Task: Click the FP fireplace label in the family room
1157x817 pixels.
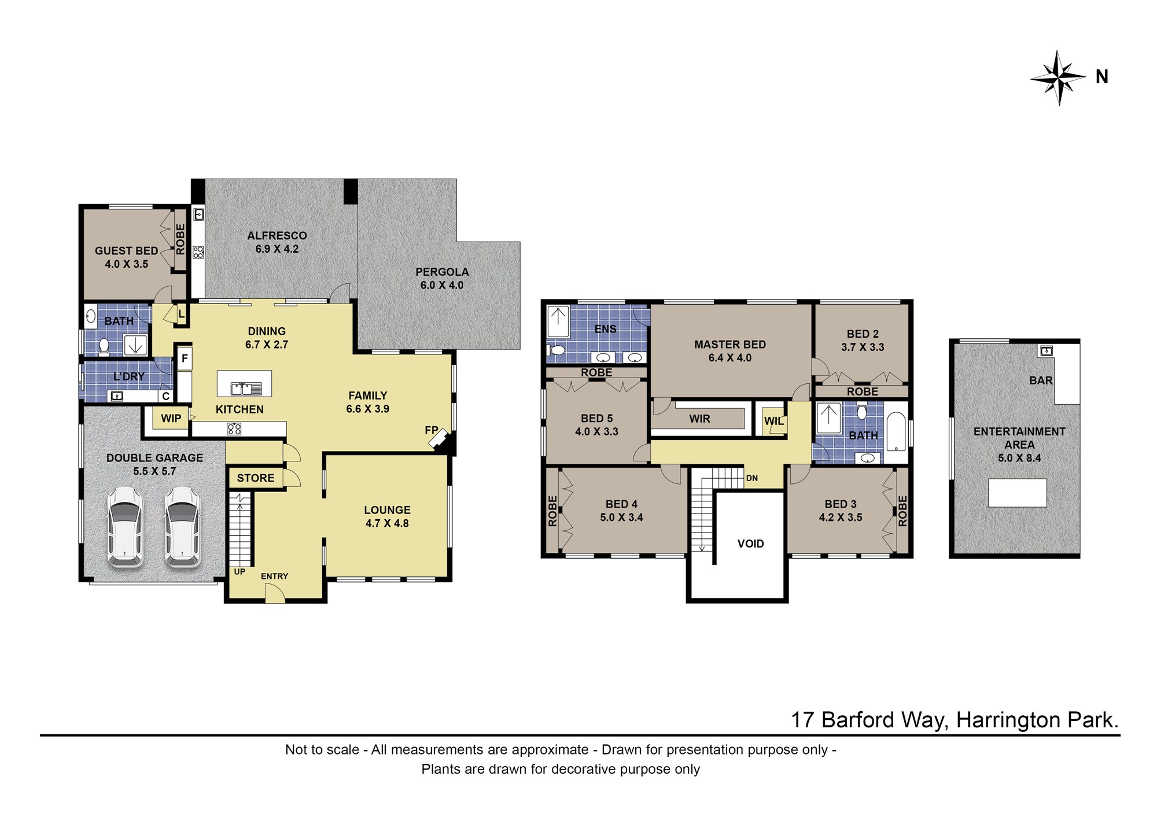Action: pos(431,430)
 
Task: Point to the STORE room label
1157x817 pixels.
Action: pos(256,478)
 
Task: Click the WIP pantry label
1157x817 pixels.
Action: pos(171,418)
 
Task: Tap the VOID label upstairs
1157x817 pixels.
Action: pos(750,544)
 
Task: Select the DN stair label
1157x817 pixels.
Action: pos(752,478)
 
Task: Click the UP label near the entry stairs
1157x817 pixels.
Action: pos(239,572)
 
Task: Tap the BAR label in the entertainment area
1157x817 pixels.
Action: pos(1041,380)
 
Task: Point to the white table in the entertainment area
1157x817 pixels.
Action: pos(1017,493)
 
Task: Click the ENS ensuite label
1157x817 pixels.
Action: pos(605,329)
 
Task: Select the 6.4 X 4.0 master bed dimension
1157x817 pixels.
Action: pos(730,358)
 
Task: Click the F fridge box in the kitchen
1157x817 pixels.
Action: pos(185,358)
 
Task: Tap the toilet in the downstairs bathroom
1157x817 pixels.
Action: pos(104,346)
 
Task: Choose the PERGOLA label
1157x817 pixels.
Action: pos(442,272)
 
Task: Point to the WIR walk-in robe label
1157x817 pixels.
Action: pos(699,419)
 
